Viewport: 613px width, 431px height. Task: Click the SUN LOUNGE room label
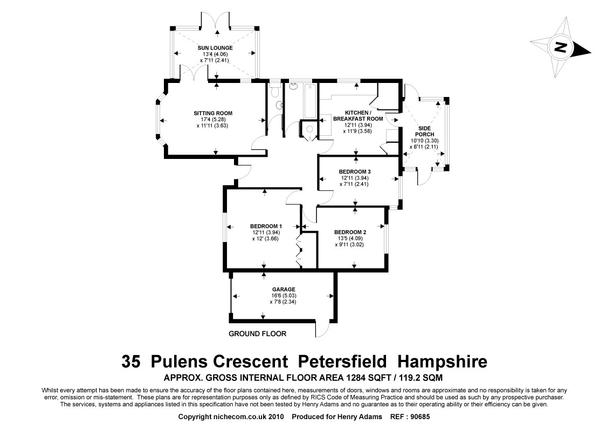click(x=215, y=48)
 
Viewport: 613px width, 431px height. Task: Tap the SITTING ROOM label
click(x=213, y=113)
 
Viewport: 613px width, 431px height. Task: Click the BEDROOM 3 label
click(x=355, y=172)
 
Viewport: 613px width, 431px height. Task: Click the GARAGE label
click(x=283, y=289)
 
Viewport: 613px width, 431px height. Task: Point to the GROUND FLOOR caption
click(x=257, y=333)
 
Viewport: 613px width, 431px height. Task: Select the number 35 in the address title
click(x=132, y=360)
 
